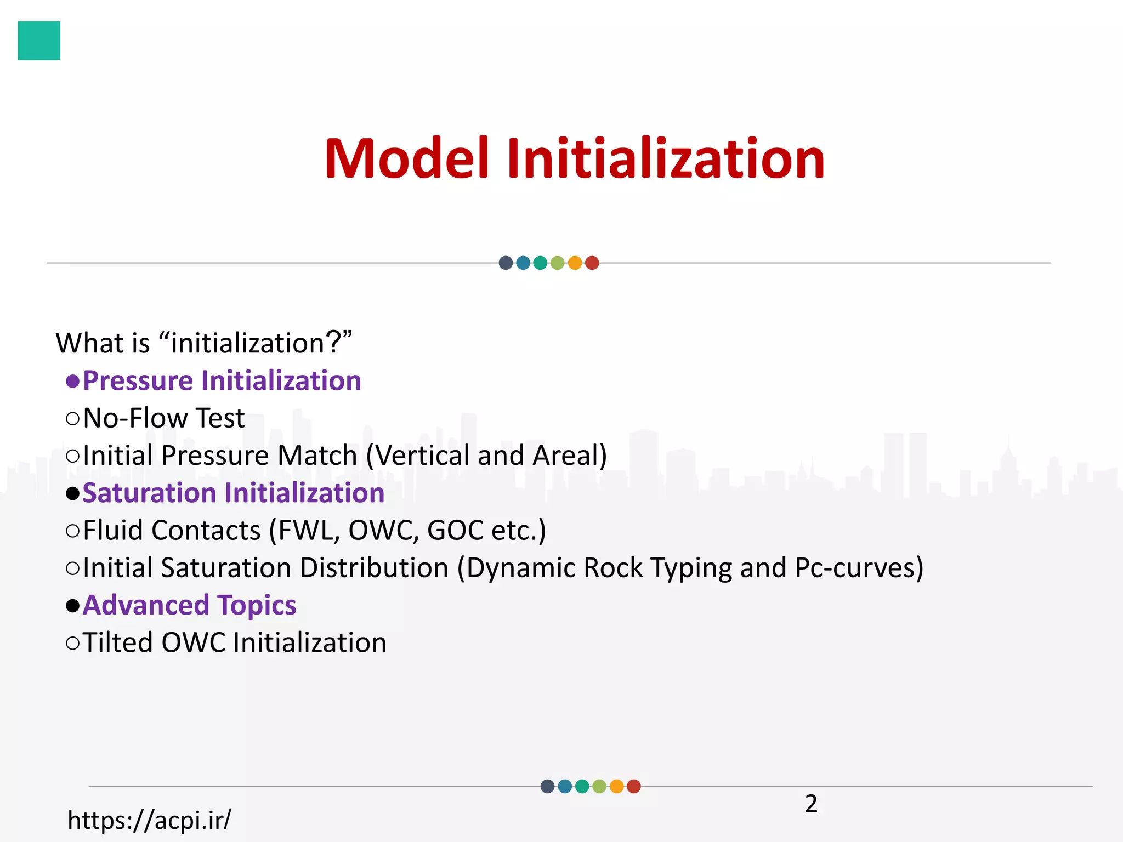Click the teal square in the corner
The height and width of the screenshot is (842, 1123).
pos(39,41)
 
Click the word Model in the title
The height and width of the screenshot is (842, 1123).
pos(406,159)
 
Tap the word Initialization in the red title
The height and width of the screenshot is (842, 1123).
pos(665,159)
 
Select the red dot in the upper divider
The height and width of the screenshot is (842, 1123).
pos(592,263)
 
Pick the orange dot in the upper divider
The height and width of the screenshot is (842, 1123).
pos(575,263)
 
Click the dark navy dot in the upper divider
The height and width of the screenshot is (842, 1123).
pos(506,263)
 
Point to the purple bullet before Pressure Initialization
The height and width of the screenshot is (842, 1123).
pos(72,381)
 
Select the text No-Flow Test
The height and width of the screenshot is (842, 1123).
pos(163,418)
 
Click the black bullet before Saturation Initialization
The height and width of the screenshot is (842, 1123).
pos(72,493)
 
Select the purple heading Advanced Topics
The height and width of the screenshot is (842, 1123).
pos(189,605)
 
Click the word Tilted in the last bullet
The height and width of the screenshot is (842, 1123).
pos(117,642)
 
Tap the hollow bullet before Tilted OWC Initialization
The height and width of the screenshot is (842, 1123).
pos(72,642)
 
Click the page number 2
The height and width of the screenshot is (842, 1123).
pos(811,804)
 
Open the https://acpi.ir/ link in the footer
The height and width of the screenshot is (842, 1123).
pos(149,820)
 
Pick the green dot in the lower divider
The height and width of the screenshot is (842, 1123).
pos(582,786)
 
